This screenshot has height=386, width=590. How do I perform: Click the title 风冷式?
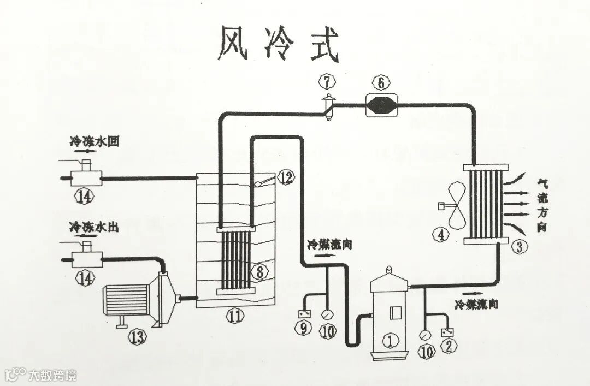coord(279,44)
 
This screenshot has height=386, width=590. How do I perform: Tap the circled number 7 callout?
coord(327,82)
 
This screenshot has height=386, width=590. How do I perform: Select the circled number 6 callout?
coord(381,83)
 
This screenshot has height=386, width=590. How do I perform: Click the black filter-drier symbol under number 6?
coord(381,104)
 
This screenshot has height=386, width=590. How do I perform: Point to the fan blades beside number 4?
coord(457,206)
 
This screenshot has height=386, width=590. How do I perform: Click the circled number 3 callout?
coord(520,247)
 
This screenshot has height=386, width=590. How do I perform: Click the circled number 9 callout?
coord(303,330)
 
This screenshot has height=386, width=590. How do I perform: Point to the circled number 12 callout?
coord(286,177)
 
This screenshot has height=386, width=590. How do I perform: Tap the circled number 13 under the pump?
coord(137,336)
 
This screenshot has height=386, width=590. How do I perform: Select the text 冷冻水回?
coord(94,141)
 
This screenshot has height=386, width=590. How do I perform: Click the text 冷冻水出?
coord(94,225)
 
